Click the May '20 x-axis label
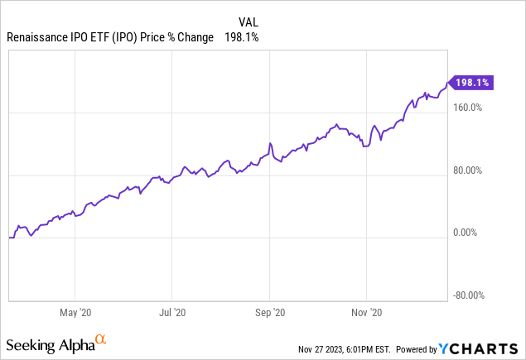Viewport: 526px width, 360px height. (x=75, y=314)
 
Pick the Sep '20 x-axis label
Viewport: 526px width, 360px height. (x=270, y=314)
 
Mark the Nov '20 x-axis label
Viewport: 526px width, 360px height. (x=366, y=314)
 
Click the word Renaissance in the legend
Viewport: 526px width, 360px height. (x=38, y=38)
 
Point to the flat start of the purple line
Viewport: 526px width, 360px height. (x=12, y=238)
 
